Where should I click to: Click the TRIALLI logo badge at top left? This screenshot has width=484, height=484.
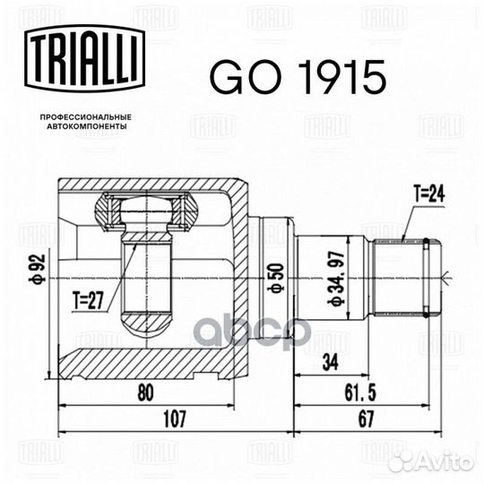(x=85, y=58)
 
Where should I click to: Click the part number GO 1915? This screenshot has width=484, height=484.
(x=298, y=77)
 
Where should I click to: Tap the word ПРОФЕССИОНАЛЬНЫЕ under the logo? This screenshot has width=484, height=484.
(x=86, y=117)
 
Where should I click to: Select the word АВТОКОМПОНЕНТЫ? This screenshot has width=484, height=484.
(x=87, y=126)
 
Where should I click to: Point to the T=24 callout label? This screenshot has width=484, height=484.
(x=429, y=194)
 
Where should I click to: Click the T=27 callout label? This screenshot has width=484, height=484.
(x=88, y=300)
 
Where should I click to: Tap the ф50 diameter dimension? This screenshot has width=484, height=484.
(x=275, y=278)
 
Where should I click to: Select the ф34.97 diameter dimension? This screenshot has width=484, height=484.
(x=336, y=278)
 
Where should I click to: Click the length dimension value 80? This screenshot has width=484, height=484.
(x=145, y=393)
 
